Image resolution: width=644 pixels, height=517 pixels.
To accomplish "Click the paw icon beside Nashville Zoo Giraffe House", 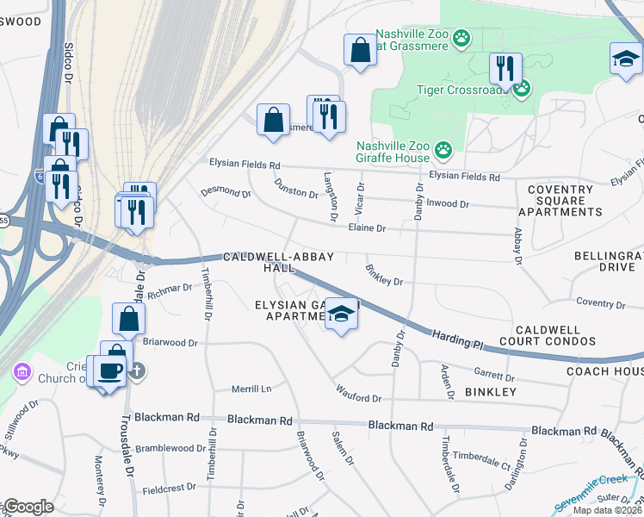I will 443,151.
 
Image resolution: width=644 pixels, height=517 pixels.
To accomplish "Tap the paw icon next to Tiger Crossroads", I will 522,88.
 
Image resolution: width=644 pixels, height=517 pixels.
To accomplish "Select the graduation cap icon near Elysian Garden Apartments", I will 342,315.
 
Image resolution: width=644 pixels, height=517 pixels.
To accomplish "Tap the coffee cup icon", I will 109,371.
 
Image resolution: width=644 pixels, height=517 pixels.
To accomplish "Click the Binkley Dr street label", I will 383,275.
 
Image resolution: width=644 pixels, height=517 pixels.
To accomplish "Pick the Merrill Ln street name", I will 251,389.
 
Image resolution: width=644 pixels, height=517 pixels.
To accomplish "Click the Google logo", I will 28,507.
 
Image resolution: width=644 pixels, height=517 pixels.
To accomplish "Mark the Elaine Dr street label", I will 367,228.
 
